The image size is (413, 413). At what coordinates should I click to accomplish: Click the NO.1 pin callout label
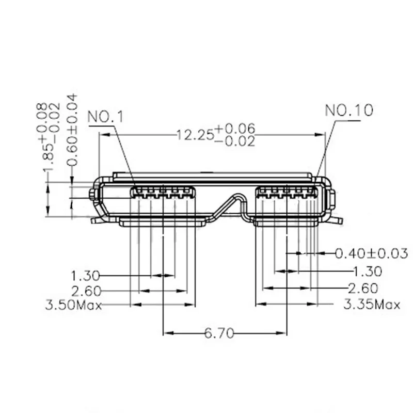point(106,117)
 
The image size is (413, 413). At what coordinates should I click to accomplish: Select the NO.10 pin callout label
point(349,110)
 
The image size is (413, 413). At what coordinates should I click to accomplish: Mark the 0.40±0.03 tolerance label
point(372,253)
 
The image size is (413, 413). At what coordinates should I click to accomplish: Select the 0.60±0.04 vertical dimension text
point(73,129)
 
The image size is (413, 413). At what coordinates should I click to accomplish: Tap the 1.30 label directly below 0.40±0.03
point(367,271)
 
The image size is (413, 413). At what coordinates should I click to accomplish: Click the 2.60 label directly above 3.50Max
point(86,291)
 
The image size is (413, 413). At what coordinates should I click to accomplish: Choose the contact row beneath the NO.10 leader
point(287,194)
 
